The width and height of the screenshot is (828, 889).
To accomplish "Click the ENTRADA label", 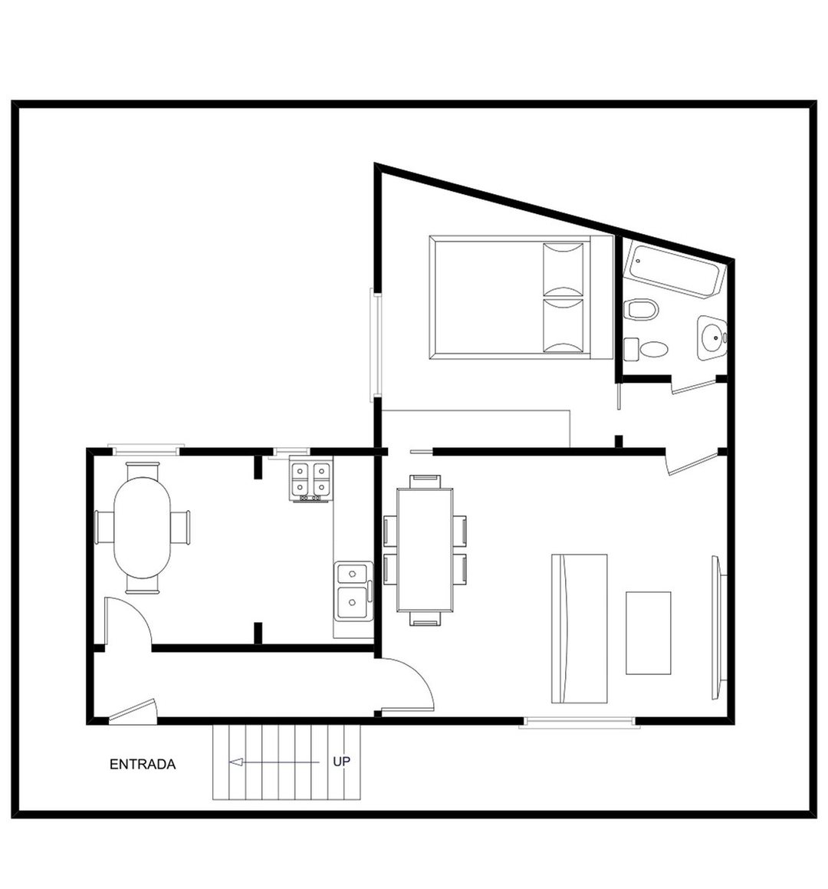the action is (x=143, y=764).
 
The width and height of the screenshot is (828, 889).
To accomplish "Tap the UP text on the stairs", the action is (x=341, y=762).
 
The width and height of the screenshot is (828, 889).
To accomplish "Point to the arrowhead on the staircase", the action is (x=236, y=762).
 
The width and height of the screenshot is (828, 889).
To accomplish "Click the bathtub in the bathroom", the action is (x=675, y=271).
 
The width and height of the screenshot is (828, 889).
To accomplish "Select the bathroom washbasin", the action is (x=711, y=338).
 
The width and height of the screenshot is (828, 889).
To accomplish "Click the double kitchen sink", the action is (x=353, y=591).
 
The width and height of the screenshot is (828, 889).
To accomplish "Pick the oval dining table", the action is (x=143, y=527).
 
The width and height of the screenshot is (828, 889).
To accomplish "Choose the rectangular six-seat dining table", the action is (x=425, y=550).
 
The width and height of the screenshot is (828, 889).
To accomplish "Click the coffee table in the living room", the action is (x=649, y=633).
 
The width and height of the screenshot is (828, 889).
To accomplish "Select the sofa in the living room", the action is (x=579, y=628).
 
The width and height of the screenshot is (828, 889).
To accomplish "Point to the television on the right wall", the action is (x=718, y=627).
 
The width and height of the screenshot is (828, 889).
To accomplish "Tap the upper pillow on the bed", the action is (x=563, y=268).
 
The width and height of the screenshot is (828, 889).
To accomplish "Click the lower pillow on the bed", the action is (x=563, y=326).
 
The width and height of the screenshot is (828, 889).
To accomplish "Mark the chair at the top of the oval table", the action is (x=143, y=470).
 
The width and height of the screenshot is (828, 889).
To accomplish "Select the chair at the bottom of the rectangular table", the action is (x=425, y=618).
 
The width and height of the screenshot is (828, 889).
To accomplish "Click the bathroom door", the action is (x=692, y=386).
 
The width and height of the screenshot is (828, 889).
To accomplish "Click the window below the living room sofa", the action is (x=579, y=722).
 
